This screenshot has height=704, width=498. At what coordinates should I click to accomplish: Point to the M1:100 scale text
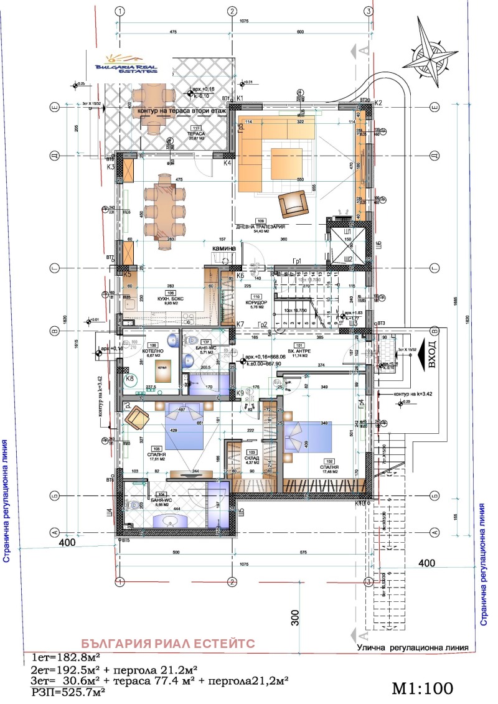coord(423,688)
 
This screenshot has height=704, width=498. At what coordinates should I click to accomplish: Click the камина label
coord(224,248)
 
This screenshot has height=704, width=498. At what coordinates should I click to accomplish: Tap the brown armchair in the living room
coord(293,203)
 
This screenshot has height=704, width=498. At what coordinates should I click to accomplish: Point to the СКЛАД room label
coord(251,457)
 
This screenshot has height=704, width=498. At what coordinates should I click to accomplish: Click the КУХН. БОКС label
coord(151,298)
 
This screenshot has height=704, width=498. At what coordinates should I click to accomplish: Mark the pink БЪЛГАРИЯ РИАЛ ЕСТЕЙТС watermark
coord(168,644)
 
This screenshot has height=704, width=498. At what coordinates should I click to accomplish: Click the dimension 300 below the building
coord(295,616)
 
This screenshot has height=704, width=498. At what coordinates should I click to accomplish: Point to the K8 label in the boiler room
coord(130,378)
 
